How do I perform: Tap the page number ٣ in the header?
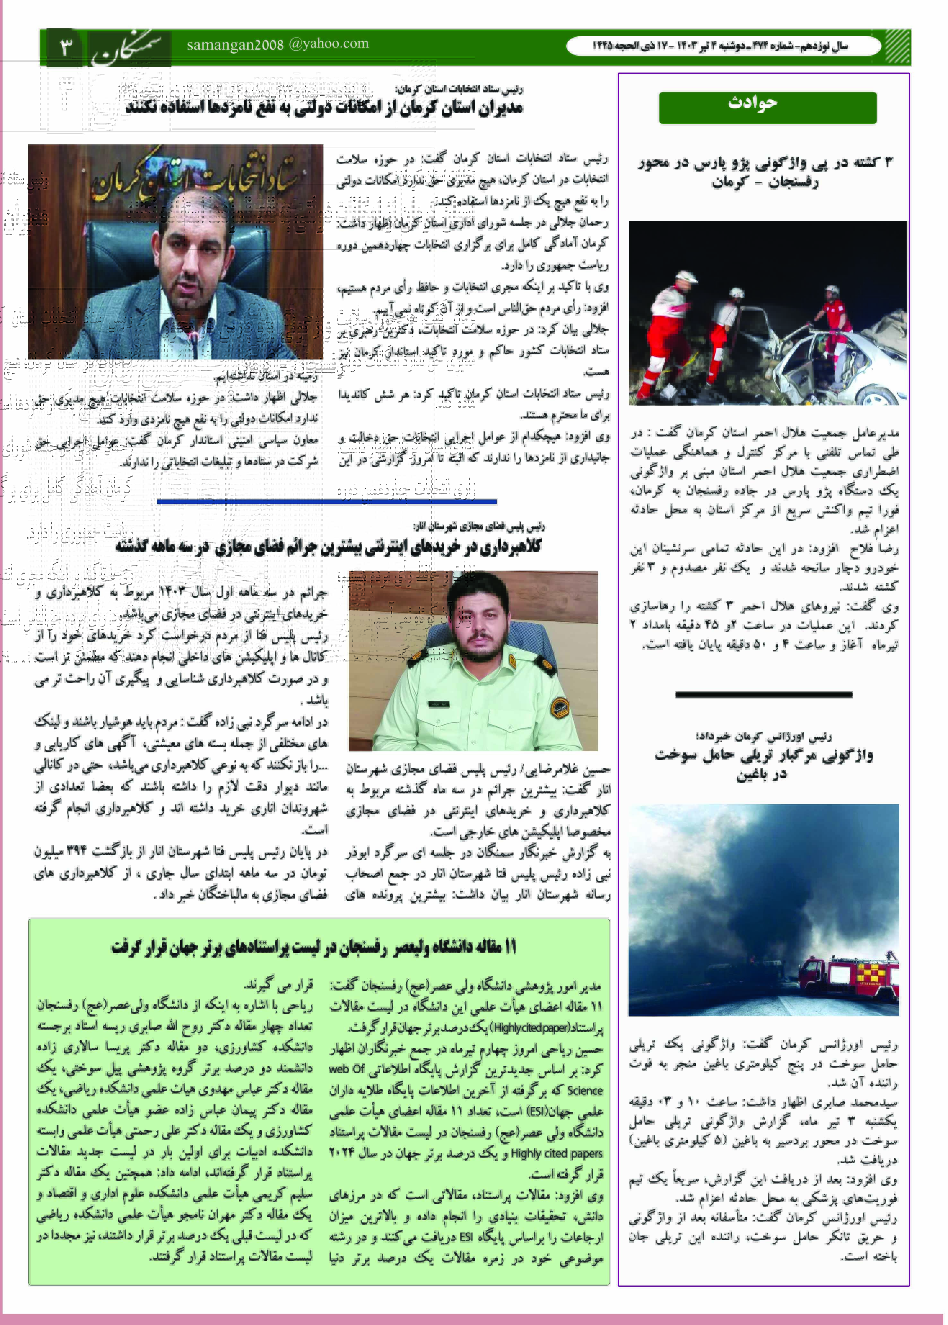(x=65, y=46)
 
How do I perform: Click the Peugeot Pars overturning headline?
(x=765, y=172)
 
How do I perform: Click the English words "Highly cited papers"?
(x=556, y=1153)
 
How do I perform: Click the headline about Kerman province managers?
(x=324, y=108)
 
